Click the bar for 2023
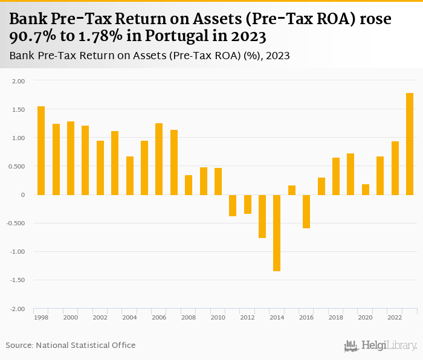410,144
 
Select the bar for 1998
41,150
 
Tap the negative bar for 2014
277,233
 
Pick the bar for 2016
306,211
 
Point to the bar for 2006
159,159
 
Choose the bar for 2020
366,189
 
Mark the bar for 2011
233,205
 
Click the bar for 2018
336,176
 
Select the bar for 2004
130,175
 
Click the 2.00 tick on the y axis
19,81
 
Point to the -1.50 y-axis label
18,280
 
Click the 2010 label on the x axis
218,317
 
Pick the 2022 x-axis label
395,317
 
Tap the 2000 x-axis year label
70,317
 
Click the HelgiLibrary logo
380,346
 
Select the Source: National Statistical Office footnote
71,345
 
